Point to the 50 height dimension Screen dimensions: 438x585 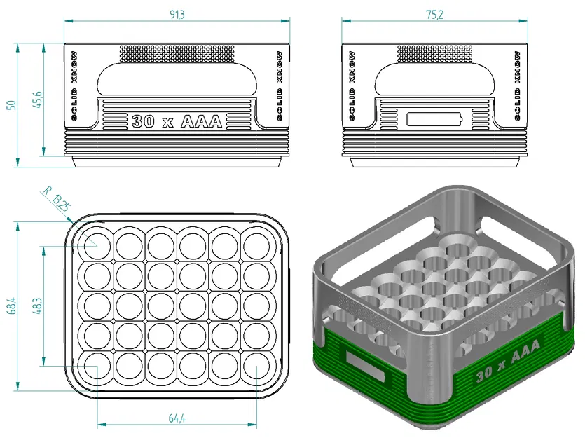tap(11, 105)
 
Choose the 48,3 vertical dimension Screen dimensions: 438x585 tap(37, 306)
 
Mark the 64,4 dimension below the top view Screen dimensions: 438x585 tap(177, 418)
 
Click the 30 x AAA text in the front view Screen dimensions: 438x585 tap(177, 121)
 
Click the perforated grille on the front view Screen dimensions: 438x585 tap(177, 52)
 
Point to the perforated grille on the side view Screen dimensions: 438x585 tap(434, 52)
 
